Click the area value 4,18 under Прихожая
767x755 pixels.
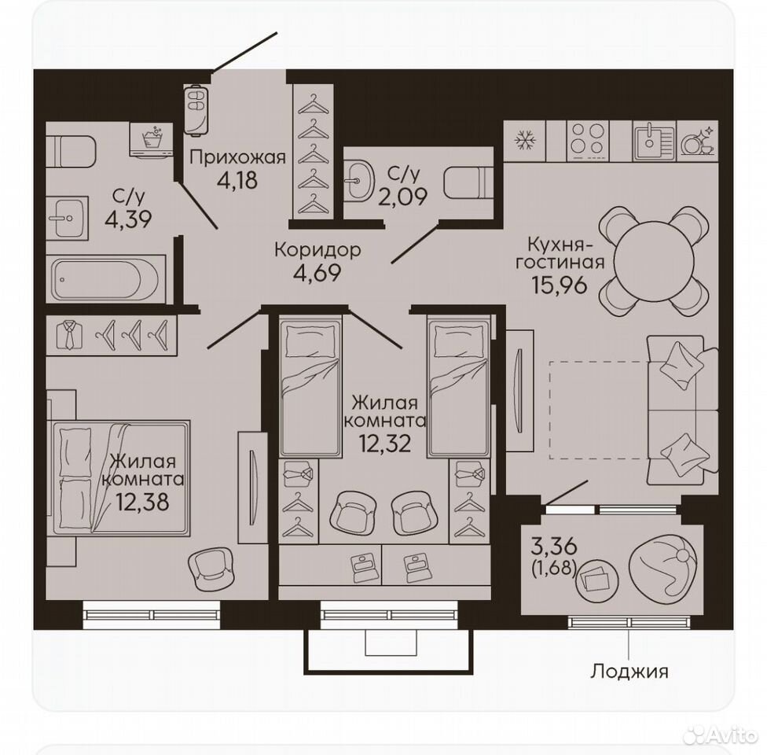tap(237, 180)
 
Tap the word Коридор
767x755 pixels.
tap(318, 250)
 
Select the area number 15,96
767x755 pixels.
tap(559, 285)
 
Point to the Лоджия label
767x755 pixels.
tap(629, 671)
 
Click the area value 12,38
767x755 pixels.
tap(142, 502)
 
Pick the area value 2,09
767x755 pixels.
tap(403, 197)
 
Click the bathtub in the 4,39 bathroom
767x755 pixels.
tap(105, 279)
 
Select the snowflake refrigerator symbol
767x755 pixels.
tap(525, 141)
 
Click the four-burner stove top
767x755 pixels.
tap(588, 141)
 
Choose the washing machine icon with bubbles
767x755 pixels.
tap(152, 139)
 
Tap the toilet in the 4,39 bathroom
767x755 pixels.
tap(72, 151)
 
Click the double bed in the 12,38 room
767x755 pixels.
tap(121, 477)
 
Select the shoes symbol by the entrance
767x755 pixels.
tap(196, 109)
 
